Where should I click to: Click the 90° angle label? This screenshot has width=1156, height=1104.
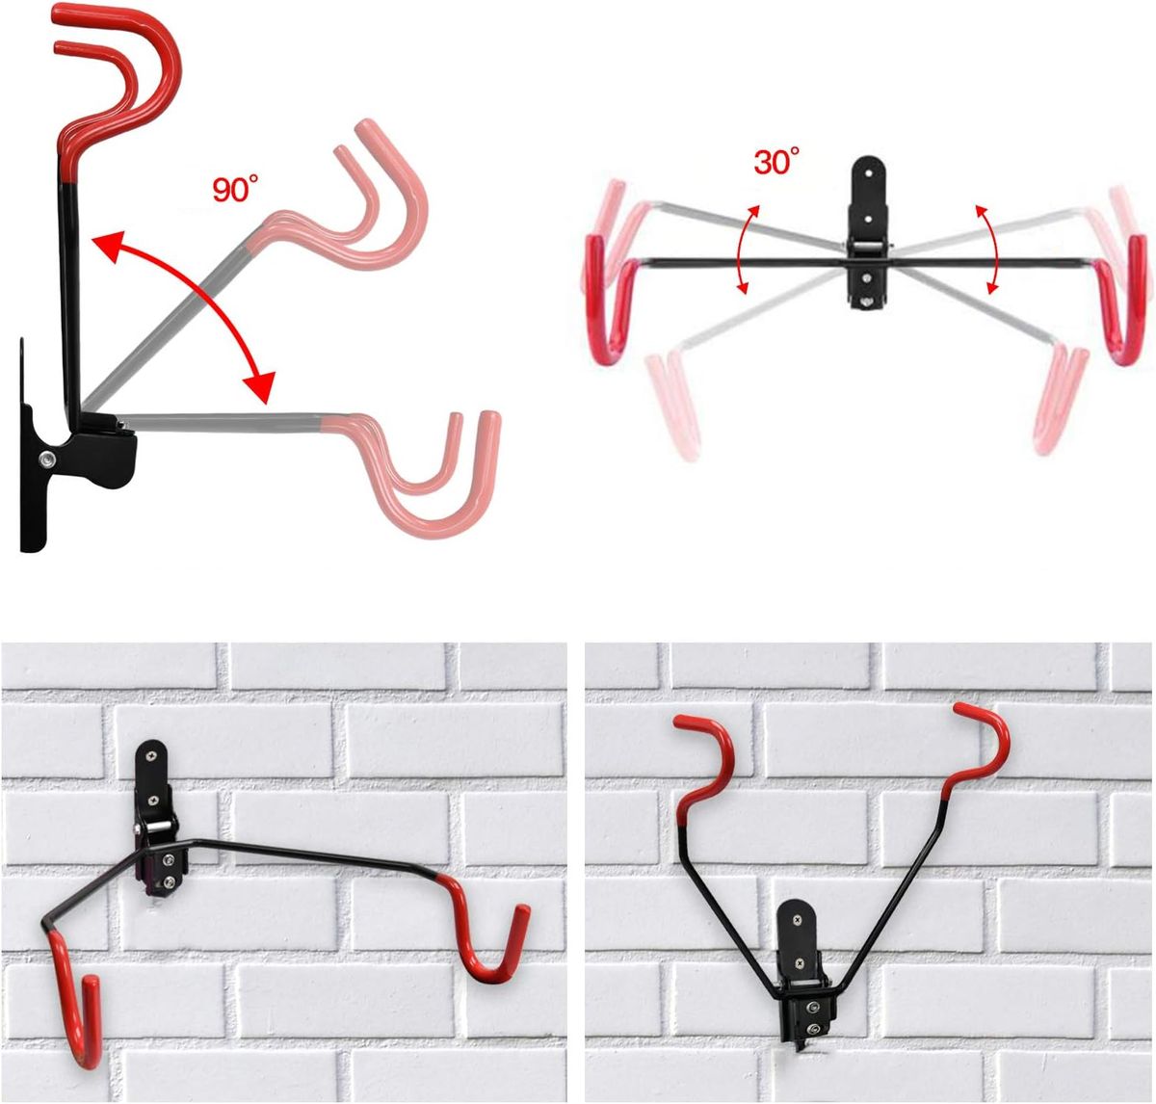tap(235, 189)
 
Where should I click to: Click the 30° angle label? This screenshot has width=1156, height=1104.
tap(776, 161)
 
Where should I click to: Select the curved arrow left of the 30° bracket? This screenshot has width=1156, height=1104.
tap(741, 249)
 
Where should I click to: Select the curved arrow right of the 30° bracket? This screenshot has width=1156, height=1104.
tap(991, 249)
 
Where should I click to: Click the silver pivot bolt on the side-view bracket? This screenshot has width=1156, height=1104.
tap(47, 459)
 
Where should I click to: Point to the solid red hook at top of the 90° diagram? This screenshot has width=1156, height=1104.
tap(118, 83)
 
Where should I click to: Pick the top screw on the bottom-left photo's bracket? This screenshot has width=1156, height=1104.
tap(152, 754)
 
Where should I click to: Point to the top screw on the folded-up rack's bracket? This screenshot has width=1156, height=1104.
tap(798, 920)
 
